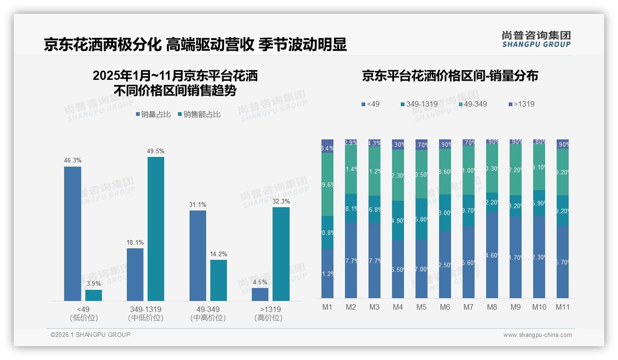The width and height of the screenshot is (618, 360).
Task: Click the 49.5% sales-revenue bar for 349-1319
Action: pos(156,229)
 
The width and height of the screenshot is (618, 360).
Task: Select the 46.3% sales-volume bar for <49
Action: pos(72,234)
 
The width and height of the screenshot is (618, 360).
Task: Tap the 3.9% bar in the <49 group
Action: pos(94,295)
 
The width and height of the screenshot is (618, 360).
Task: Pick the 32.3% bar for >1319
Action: pos(281,254)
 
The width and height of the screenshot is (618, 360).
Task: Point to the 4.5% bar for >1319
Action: pos(260,294)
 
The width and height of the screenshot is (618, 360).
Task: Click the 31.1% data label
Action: pos(198,204)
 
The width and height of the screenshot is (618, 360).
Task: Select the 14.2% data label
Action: pos(219,254)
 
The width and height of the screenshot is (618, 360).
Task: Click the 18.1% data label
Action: pos(135,242)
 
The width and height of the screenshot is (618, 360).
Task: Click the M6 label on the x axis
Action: pos(445,307)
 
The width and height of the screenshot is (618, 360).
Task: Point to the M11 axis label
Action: pos(562,307)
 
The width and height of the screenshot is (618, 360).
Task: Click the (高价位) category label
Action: pos(268,318)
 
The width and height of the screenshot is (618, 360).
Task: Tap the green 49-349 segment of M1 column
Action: pos(327,184)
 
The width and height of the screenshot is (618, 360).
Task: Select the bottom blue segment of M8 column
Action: pos(492,255)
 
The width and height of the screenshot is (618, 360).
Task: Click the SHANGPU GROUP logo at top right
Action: pos(536,39)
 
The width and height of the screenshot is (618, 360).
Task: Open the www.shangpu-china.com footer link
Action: pos(537,335)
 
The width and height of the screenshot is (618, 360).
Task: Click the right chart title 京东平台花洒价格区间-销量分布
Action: pos(450,76)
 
